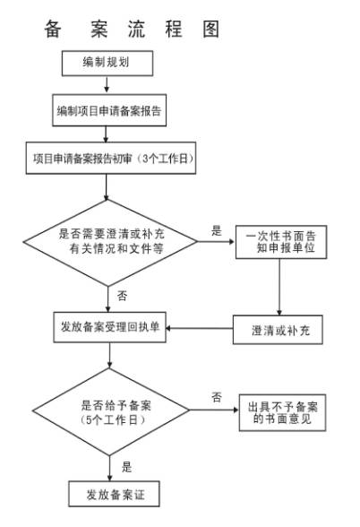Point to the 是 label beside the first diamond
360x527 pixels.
coord(217,230)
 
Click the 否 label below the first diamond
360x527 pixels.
coord(122,296)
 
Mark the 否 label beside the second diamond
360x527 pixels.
coord(217,397)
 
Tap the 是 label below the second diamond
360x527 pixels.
coord(126,467)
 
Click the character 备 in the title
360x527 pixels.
coord(53,30)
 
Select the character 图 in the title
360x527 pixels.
coord(211,30)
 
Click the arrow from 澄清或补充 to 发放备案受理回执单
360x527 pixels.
coord(200,328)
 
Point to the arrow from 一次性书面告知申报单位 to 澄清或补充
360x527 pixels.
coord(279,287)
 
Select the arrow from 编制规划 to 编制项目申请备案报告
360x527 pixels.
coord(107,85)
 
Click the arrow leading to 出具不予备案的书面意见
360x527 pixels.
coord(214,410)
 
